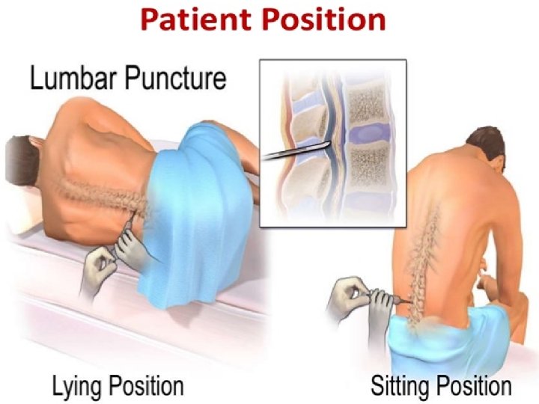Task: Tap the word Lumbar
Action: pyautogui.click(x=70, y=79)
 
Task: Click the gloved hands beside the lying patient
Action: pyautogui.click(x=120, y=251)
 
